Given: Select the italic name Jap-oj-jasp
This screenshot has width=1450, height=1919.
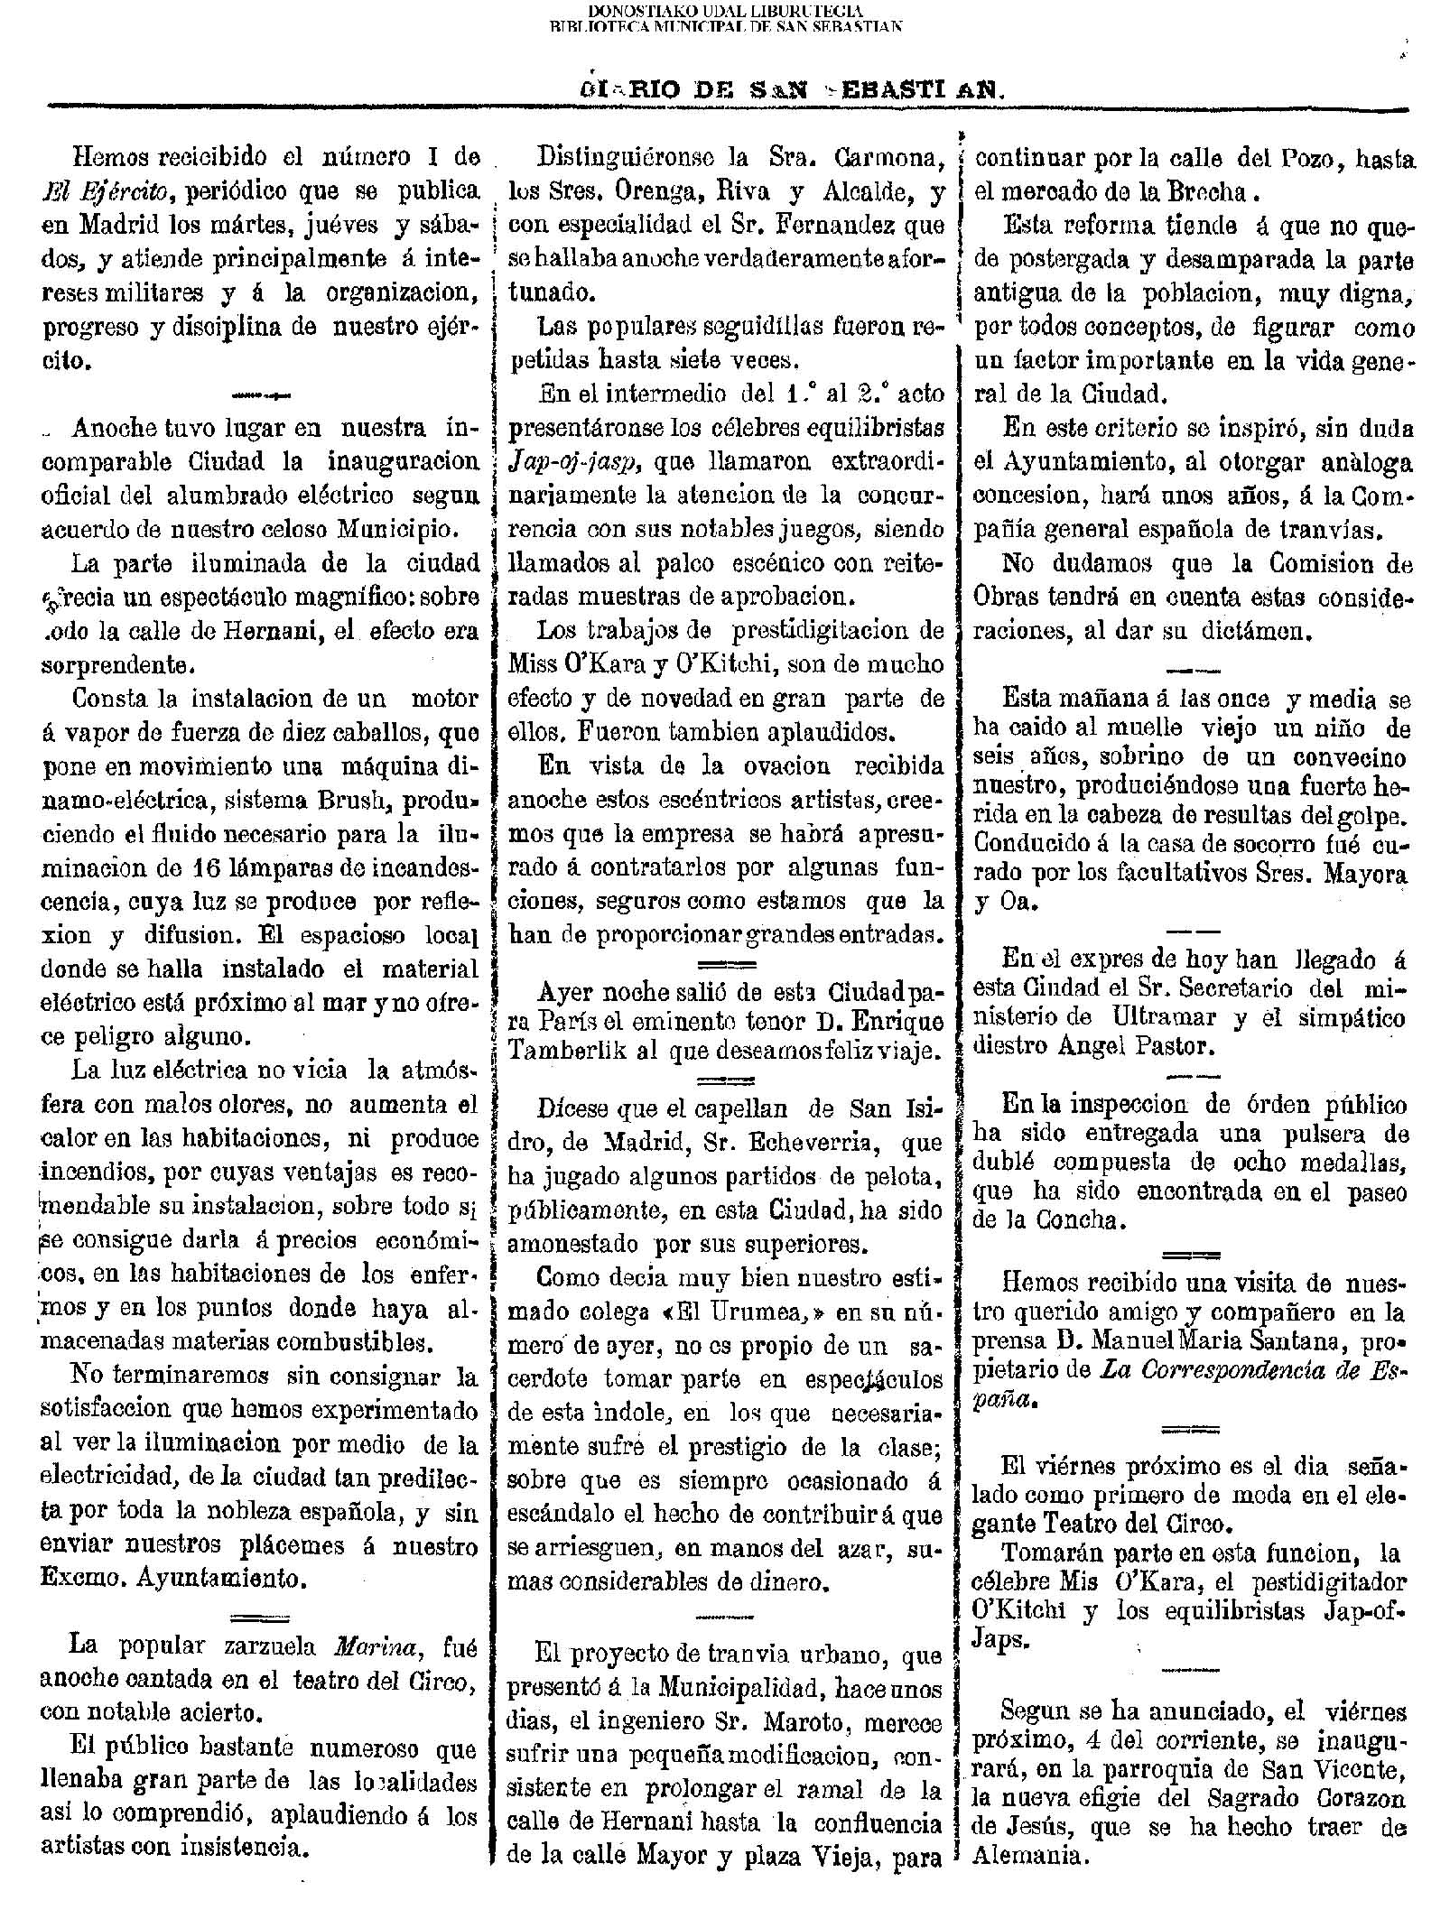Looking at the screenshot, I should pyautogui.click(x=574, y=462).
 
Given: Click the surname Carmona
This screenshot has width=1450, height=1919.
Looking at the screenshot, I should pyautogui.click(x=882, y=158).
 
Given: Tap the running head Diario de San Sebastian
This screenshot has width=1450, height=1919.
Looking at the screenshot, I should pyautogui.click(x=789, y=90).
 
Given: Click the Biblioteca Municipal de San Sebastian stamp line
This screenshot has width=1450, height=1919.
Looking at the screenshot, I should pyautogui.click(x=725, y=26).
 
